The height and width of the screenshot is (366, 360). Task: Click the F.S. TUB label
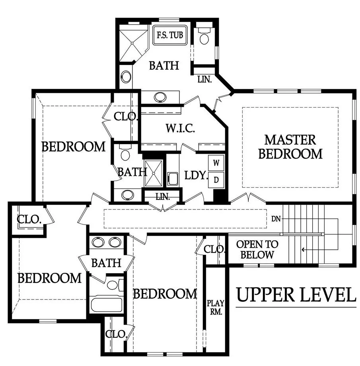point(170,35)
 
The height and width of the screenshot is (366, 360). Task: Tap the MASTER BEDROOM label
point(290,147)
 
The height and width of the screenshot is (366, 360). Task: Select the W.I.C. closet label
point(180,128)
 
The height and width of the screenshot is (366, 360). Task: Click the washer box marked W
point(216,163)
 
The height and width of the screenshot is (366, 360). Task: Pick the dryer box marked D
point(216,180)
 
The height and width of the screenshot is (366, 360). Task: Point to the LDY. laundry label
point(196,175)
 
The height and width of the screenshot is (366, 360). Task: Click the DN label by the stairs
point(276,219)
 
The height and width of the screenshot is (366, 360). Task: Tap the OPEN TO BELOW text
point(257,250)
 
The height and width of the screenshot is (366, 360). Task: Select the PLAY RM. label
point(216,307)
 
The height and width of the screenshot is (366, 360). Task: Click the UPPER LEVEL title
point(296,295)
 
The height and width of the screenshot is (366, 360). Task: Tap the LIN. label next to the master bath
point(204,80)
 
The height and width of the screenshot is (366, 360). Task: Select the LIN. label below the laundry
point(163,197)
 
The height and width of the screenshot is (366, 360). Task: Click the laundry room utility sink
point(173,179)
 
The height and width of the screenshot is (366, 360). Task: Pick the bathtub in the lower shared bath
point(107,305)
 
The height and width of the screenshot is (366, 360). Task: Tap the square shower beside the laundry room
point(154,173)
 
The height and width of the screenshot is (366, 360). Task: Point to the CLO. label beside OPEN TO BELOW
point(214,250)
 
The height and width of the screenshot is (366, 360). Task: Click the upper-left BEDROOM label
point(74,147)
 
